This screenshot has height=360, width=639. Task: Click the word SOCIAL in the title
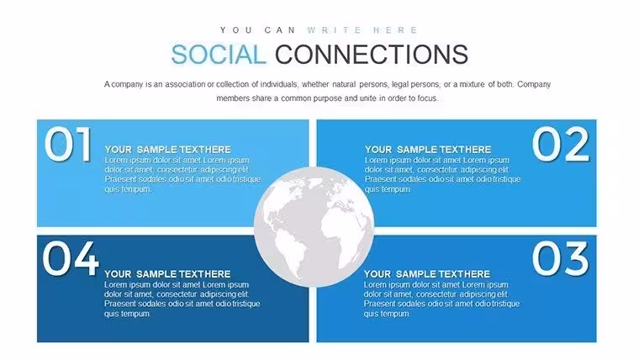219,55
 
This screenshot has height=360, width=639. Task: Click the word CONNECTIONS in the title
372,55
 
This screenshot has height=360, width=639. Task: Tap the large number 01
68,144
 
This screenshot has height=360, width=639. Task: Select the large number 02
560,144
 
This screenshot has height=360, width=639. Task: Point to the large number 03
560,258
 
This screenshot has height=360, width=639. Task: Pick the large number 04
71,258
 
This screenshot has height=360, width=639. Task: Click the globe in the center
314,226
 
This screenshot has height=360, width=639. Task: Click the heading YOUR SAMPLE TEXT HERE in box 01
168,150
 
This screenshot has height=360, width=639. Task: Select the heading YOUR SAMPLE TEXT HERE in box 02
428,150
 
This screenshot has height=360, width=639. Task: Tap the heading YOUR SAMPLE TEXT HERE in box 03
427,274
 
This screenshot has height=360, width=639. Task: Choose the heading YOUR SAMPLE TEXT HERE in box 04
167,274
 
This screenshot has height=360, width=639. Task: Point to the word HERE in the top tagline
395,30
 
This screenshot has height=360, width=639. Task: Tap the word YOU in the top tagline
236,30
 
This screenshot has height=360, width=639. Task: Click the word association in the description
185,84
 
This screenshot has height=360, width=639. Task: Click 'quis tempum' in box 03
387,314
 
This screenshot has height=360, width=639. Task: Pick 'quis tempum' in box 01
128,189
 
